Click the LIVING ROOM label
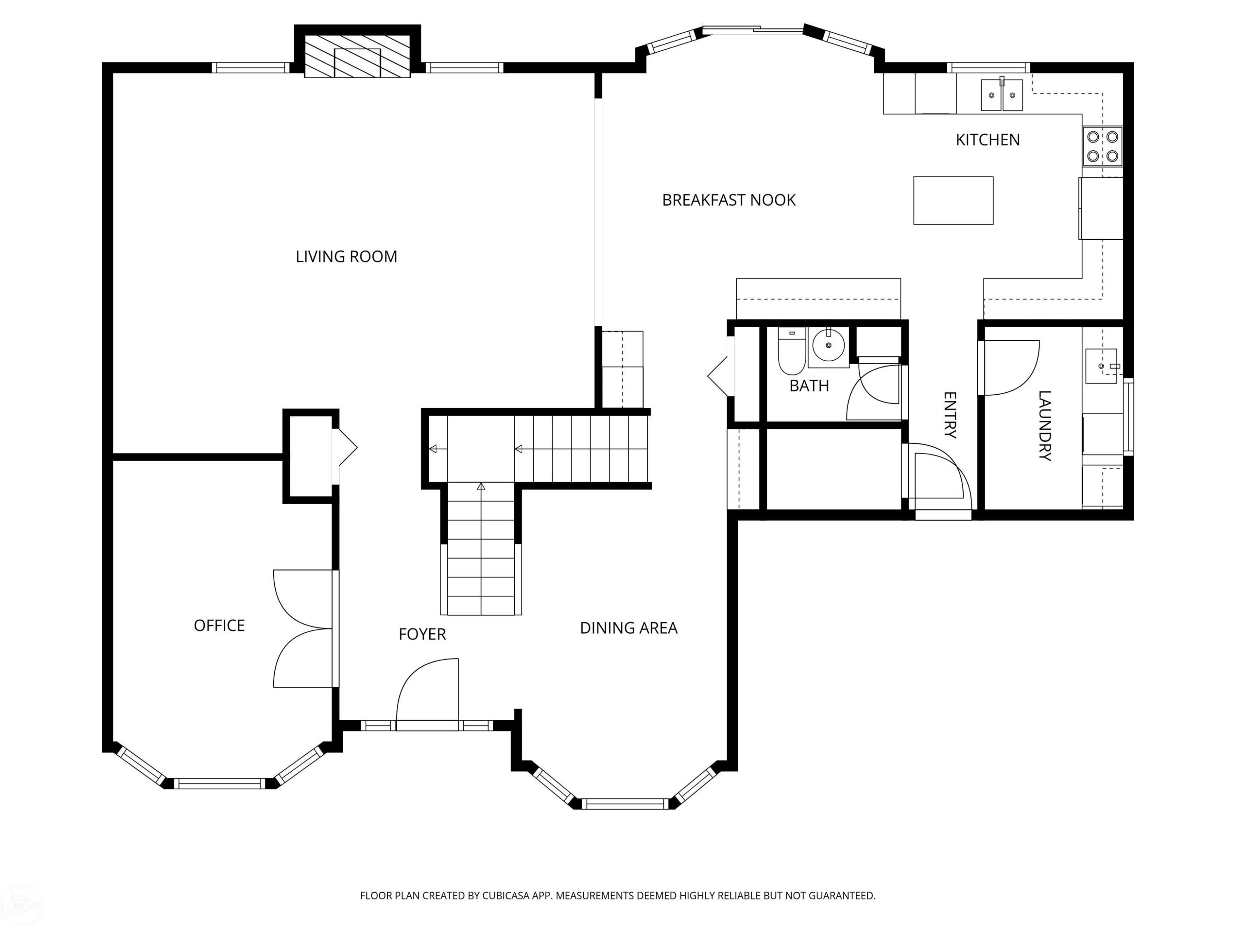(346, 257)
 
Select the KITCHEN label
(987, 140)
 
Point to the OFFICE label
(219, 625)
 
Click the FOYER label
(422, 634)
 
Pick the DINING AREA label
(629, 628)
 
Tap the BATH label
(809, 386)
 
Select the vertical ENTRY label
(950, 415)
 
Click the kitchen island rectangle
(953, 201)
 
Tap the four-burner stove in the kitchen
(1103, 146)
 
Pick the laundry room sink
(1101, 366)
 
